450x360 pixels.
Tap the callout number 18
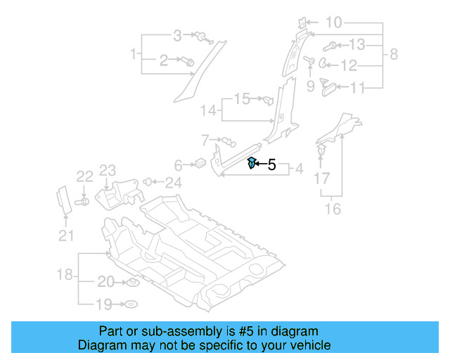65,274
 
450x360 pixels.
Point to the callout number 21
65,236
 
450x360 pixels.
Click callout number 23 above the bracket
107,170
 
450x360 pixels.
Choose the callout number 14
208,110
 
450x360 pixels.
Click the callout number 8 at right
394,54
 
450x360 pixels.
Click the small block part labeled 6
200,165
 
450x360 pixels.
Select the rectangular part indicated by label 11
328,86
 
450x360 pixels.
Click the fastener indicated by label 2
189,62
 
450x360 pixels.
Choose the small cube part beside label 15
266,99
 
